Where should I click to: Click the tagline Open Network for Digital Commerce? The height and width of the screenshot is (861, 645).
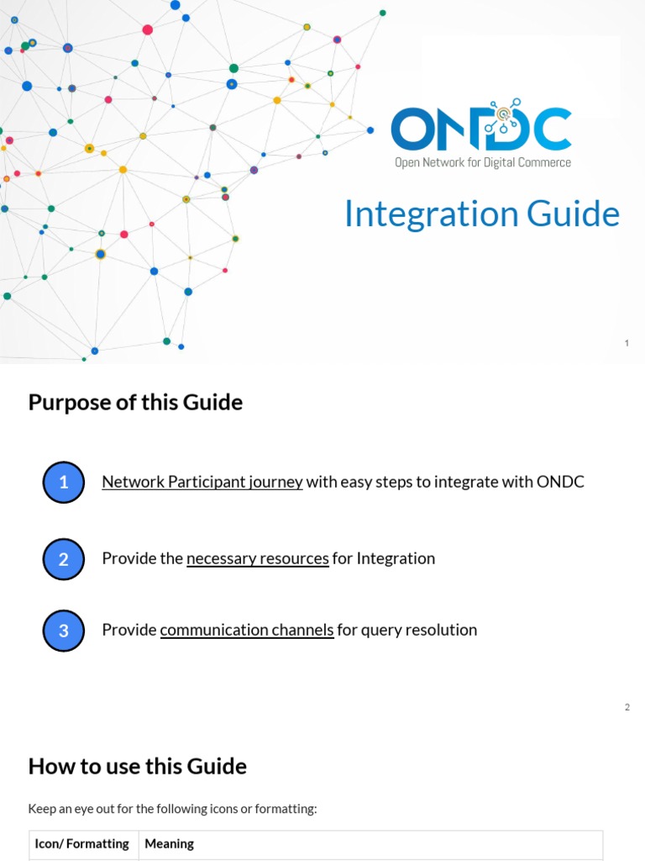[482, 162]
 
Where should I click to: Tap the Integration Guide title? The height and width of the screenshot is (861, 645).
[481, 214]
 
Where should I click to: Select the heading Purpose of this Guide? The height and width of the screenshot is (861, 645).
[135, 402]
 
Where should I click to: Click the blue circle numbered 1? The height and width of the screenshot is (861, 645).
[64, 483]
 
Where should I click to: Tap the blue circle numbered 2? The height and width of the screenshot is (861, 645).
[64, 558]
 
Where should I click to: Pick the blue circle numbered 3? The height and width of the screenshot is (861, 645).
[64, 630]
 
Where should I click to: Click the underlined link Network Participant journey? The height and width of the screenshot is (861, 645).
[202, 482]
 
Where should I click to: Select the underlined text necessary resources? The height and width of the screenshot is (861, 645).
[257, 558]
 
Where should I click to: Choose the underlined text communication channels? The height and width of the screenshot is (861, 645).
[247, 630]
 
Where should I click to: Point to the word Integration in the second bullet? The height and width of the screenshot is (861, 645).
[396, 558]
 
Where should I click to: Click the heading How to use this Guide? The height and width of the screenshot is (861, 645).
[137, 766]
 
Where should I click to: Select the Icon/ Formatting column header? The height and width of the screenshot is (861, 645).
[81, 843]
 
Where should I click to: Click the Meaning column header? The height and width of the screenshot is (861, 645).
[169, 843]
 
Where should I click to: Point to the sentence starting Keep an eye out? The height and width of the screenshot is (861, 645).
[172, 809]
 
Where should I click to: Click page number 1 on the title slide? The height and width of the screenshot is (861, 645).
[627, 343]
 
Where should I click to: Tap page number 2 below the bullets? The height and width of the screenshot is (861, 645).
[627, 707]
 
